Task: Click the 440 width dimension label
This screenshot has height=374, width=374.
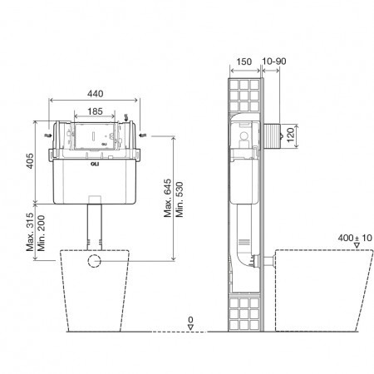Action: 96,94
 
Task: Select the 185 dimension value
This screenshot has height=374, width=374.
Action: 95,111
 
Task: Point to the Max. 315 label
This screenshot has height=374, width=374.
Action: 30,232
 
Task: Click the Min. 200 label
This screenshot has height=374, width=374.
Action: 41,234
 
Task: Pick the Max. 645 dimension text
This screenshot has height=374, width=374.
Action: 167,198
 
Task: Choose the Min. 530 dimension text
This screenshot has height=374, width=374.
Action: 180,199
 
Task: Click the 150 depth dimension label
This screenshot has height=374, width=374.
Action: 244,62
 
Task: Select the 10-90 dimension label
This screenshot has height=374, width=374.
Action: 274,62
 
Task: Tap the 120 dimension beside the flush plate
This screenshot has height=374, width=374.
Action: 290,135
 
